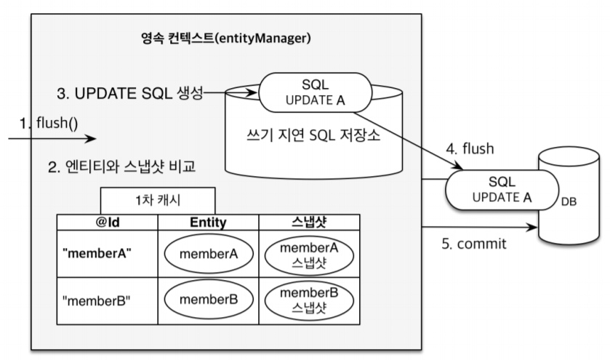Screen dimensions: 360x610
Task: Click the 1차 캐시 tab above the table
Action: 157,200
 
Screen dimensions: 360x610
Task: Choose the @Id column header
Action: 107,222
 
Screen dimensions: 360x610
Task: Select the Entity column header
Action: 208,222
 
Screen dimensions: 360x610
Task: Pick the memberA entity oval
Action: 208,254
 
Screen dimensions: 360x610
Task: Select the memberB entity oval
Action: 208,300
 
